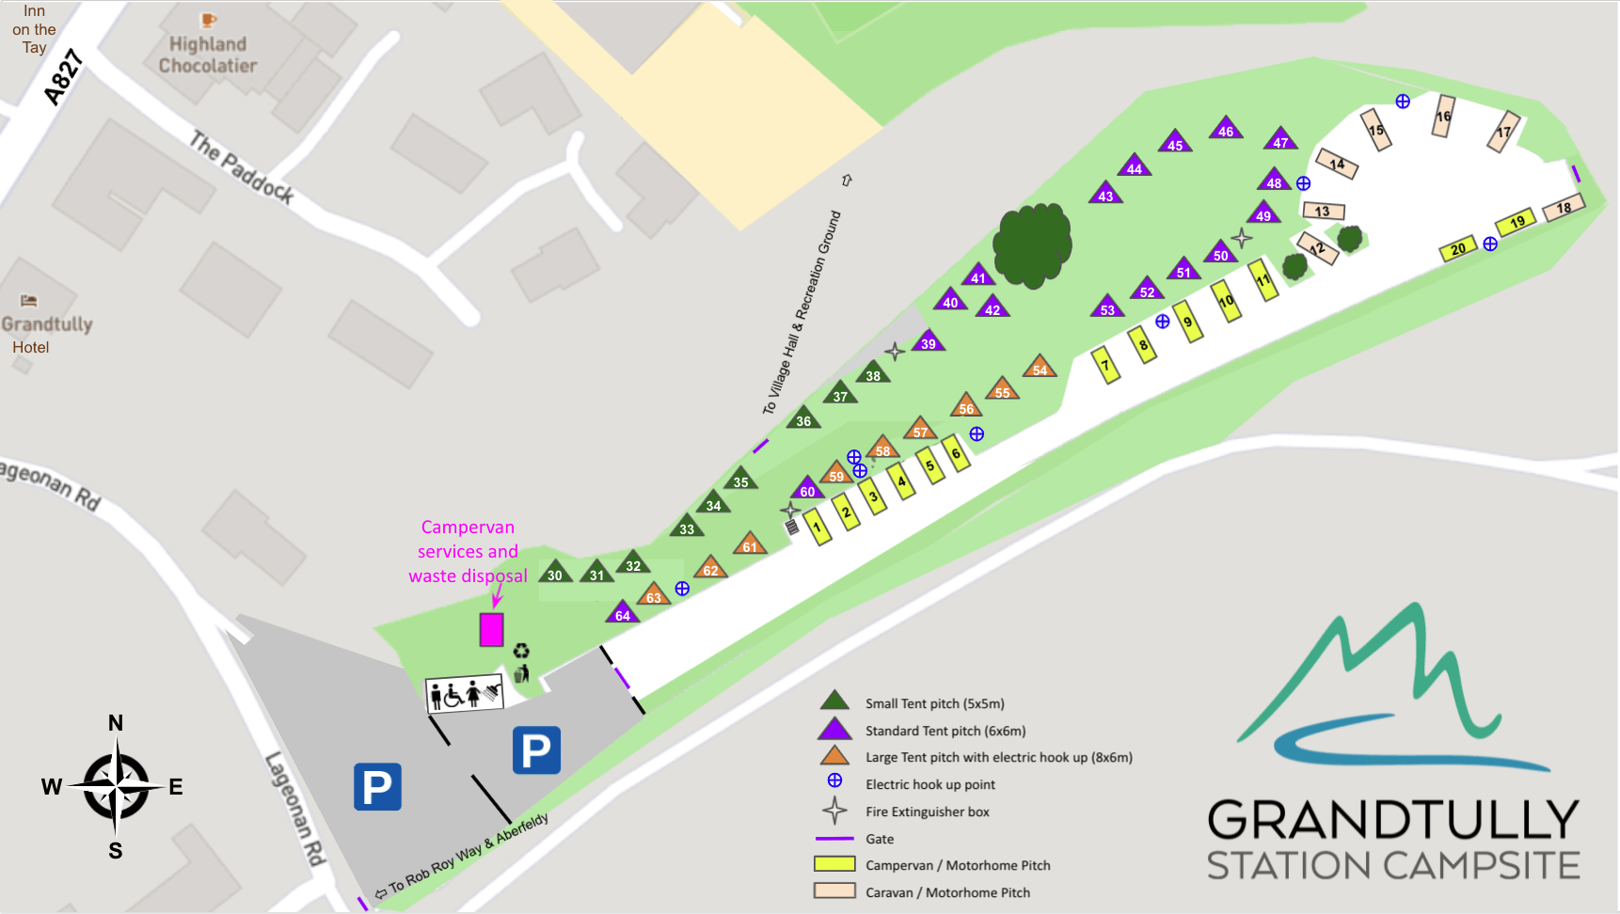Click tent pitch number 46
click(1225, 129)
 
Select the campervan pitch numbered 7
click(1105, 365)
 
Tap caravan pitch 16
click(1443, 117)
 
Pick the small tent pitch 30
click(555, 573)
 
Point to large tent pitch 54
click(1039, 368)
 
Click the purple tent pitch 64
click(622, 613)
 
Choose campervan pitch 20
click(1458, 250)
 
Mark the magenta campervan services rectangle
click(491, 629)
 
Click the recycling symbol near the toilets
click(521, 650)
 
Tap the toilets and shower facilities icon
click(465, 695)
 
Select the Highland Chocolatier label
click(208, 55)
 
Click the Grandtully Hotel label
click(42, 335)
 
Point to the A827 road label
click(63, 78)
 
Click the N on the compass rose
click(116, 723)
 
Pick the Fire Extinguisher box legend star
click(834, 811)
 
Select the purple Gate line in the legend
click(834, 838)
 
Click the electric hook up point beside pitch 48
click(1303, 183)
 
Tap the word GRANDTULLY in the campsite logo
click(1392, 820)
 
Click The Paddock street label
click(242, 168)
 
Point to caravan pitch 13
click(1323, 211)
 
